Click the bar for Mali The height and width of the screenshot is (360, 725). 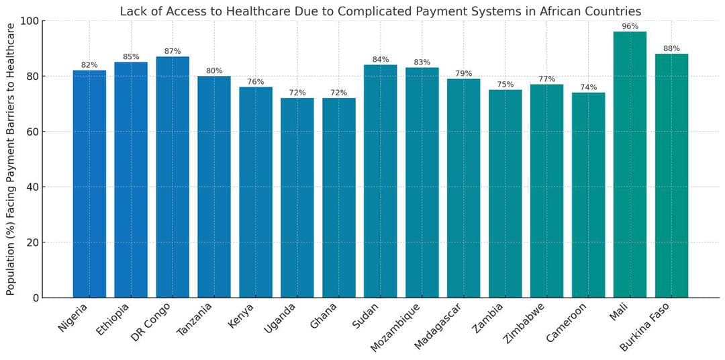[630, 165]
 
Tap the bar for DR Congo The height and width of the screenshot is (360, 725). [173, 177]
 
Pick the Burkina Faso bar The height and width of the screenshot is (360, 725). [671, 176]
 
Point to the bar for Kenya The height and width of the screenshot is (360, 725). [256, 192]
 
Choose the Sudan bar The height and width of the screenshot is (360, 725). [380, 181]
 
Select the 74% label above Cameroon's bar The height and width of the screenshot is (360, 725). [588, 87]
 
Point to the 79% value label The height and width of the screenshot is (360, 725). [463, 74]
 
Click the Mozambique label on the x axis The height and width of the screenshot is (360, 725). [396, 327]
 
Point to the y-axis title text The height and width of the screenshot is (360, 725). [11, 159]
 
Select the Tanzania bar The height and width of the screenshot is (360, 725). [214, 187]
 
